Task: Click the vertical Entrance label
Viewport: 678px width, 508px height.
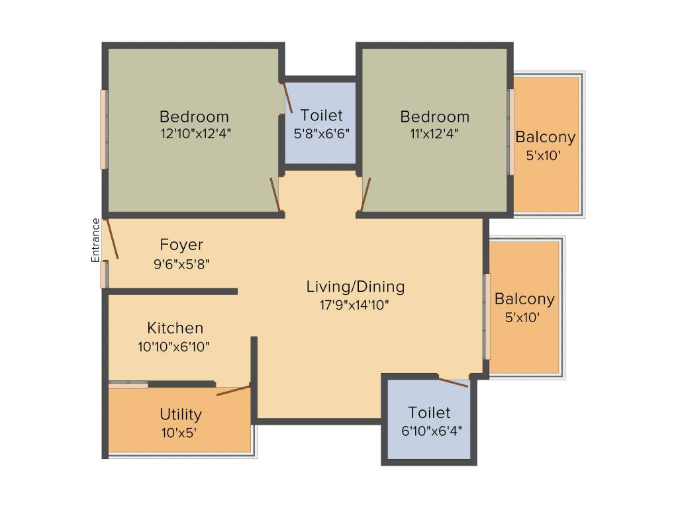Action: point(96,240)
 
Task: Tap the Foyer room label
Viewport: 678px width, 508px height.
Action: point(181,245)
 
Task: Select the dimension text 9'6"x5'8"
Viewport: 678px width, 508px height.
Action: point(181,264)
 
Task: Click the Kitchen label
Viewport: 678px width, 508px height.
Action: point(175,328)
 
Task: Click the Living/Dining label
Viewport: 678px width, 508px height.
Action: point(355,287)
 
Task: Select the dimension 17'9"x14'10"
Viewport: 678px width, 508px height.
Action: point(355,305)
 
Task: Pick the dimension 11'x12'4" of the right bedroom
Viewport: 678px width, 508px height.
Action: point(434,133)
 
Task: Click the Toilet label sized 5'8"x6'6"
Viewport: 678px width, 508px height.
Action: point(321,115)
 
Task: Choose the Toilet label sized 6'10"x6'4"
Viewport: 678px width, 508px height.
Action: point(429,413)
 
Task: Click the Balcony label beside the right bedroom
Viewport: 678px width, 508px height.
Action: point(546,138)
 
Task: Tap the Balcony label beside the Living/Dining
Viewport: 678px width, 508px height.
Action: point(524,299)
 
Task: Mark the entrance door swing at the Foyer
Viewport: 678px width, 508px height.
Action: point(112,239)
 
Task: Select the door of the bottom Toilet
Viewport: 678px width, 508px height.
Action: point(454,382)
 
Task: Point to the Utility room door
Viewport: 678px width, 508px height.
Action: point(233,390)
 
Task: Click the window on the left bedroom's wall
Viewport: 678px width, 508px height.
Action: point(103,129)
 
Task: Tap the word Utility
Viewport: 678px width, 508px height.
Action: point(180,415)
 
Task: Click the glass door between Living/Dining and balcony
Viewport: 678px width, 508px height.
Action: point(486,316)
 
